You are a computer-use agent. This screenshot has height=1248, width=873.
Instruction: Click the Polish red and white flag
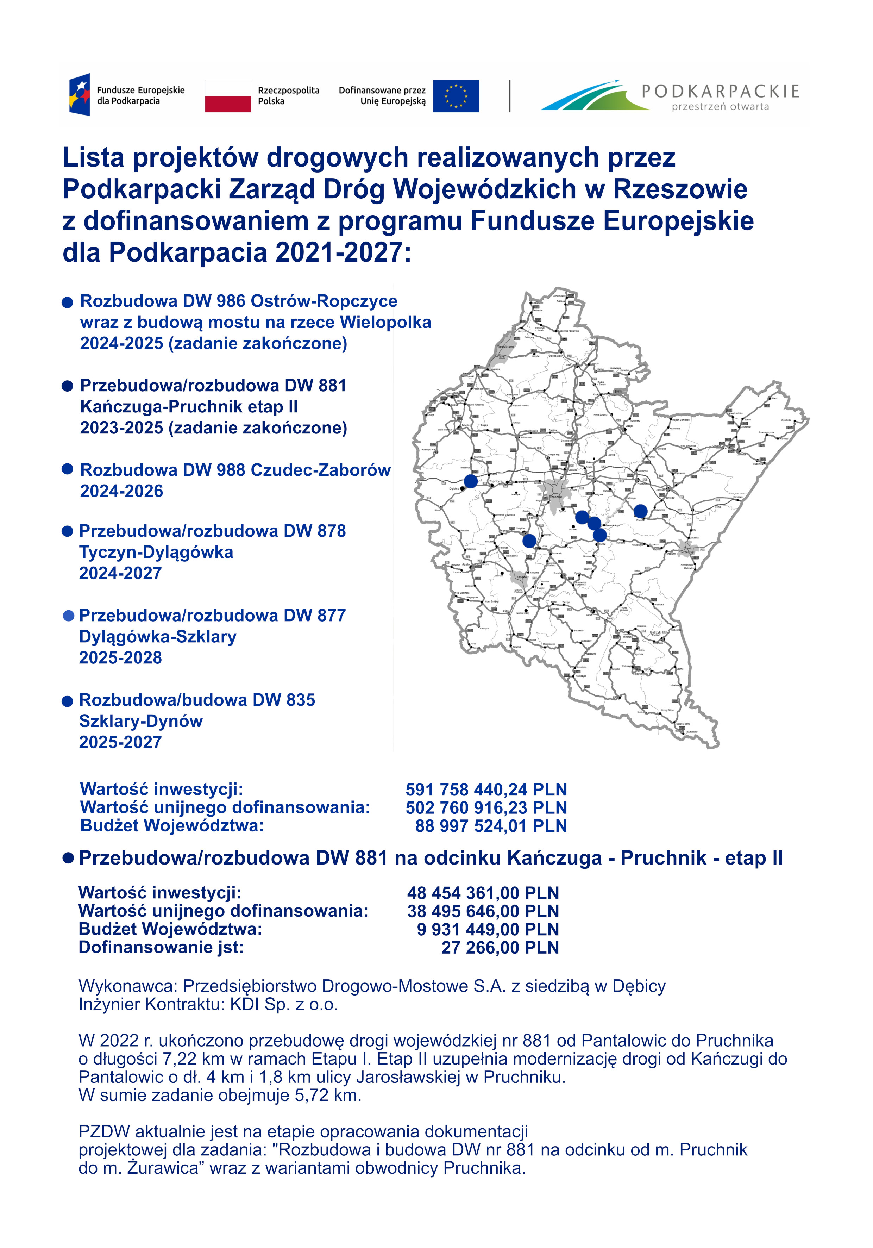point(228,96)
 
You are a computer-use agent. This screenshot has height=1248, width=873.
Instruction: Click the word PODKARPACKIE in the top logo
point(720,91)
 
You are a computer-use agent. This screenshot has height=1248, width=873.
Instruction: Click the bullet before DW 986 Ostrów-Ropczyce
point(67,302)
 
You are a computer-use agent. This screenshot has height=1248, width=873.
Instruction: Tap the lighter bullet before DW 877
point(68,616)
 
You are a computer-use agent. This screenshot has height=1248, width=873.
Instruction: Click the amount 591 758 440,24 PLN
point(486,789)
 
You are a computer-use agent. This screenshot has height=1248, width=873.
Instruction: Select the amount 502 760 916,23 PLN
point(486,808)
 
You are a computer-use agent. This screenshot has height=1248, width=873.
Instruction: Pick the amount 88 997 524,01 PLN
point(491,826)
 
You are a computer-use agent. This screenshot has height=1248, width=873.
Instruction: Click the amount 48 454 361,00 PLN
point(483,893)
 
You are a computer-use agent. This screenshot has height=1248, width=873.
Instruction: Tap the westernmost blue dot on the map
point(470,481)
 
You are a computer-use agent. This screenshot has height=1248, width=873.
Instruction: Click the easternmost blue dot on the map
point(640,511)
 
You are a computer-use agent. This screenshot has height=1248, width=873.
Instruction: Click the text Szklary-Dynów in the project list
point(141,721)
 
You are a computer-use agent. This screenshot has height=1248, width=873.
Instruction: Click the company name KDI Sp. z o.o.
point(284,1004)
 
